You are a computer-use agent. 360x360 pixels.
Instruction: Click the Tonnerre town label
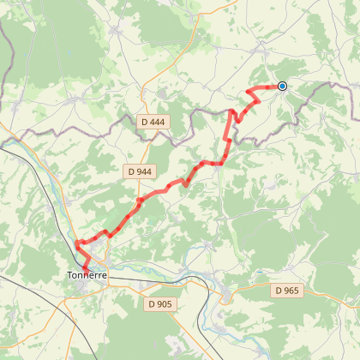(87, 276)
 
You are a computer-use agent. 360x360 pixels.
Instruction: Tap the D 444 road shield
(151, 123)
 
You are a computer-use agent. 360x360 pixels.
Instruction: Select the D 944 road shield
(138, 171)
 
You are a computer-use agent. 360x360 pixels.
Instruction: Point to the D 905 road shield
(159, 303)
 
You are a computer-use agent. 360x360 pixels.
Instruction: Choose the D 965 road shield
(288, 291)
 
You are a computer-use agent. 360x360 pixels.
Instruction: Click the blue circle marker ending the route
(281, 86)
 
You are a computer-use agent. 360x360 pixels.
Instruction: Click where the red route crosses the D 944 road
(138, 201)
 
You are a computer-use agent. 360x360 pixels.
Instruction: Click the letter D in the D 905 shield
(151, 303)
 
